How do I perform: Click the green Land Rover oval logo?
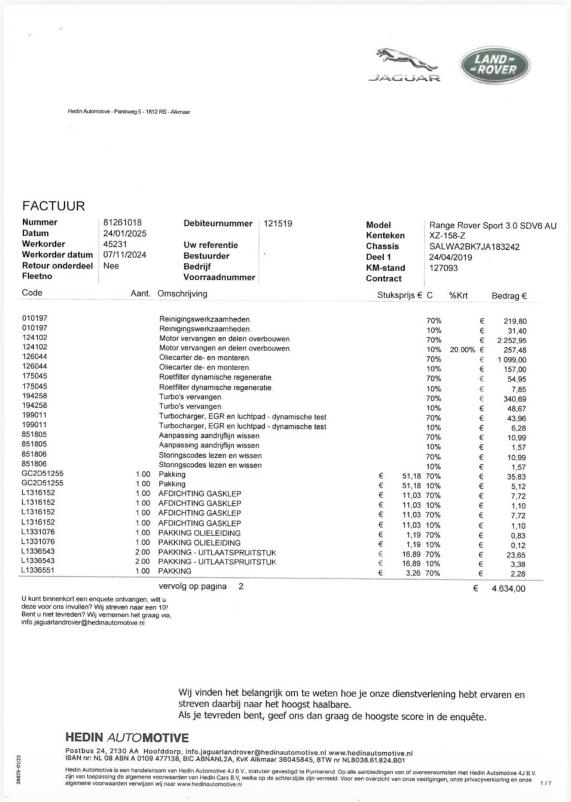click(495, 65)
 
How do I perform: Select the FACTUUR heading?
click(54, 206)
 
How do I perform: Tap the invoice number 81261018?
click(122, 222)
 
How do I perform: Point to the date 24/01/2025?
click(125, 233)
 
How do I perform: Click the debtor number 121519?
click(278, 223)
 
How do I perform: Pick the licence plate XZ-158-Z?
click(447, 236)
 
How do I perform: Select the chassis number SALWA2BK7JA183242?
click(474, 247)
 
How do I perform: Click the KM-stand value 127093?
click(443, 268)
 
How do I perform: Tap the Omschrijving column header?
click(182, 294)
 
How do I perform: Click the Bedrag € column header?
click(509, 296)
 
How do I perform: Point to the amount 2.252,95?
click(512, 340)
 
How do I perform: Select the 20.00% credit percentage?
click(463, 350)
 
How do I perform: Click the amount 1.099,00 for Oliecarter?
click(512, 360)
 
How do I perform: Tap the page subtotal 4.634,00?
click(508, 588)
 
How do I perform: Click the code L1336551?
click(38, 570)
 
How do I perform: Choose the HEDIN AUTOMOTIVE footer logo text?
click(127, 738)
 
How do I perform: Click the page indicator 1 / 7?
click(546, 783)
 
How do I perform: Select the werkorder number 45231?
click(115, 244)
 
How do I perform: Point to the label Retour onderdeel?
click(58, 265)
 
